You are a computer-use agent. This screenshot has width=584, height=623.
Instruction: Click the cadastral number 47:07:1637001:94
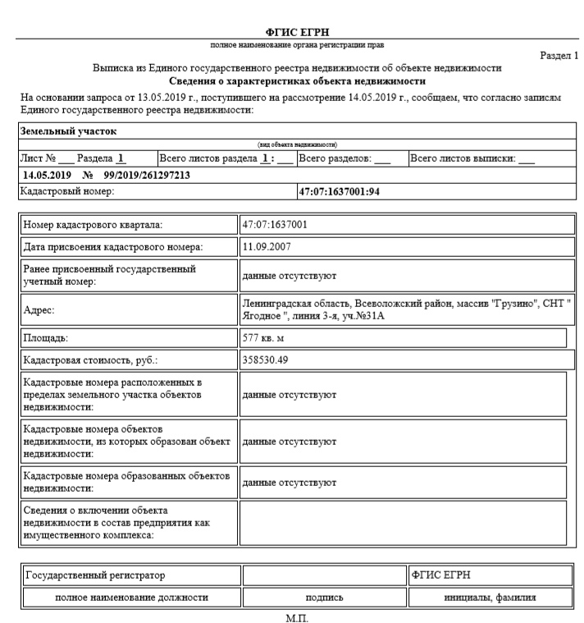coord(344,191)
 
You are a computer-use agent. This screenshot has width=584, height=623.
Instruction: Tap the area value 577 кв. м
coord(263,337)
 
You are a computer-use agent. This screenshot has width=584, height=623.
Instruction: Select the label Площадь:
coord(46,337)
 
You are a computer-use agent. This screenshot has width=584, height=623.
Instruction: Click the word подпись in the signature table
coord(323,597)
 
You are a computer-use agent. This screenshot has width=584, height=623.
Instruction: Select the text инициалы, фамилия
coord(490,597)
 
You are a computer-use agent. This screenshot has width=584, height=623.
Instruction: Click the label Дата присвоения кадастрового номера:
coord(112,246)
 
